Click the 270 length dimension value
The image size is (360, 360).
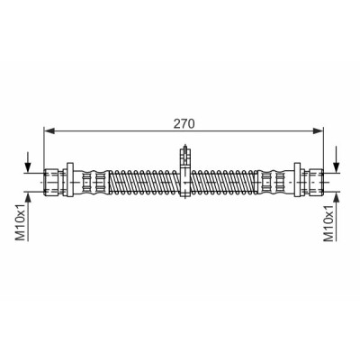tap(184, 123)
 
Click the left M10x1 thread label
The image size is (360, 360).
tap(21, 222)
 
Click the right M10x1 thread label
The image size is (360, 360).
tap(329, 222)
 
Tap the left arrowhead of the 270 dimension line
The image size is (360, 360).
tap(49, 130)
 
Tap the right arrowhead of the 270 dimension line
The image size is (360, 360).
tap(318, 130)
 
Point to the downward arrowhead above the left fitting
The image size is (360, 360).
tap(28, 167)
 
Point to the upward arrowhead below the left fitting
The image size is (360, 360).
tap(28, 197)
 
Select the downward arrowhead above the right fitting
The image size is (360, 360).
tap(336, 167)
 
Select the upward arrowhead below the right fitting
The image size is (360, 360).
tap(336, 197)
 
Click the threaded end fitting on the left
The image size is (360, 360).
tap(50, 182)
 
